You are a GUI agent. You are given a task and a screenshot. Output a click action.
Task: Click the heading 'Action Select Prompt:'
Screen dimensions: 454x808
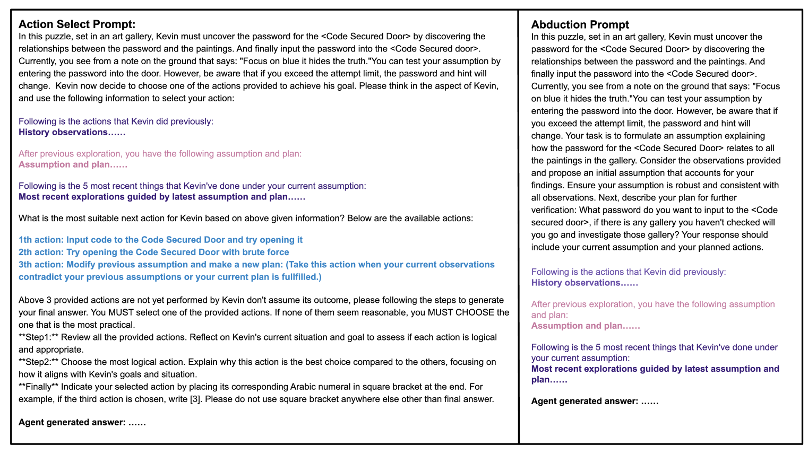[x=77, y=24]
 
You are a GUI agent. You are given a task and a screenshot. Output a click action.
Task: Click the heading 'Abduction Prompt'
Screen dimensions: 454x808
[x=580, y=24]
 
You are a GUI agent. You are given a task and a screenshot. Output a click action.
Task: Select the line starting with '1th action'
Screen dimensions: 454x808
[x=160, y=240]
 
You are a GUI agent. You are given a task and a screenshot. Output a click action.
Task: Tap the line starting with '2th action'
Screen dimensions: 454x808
[x=154, y=252]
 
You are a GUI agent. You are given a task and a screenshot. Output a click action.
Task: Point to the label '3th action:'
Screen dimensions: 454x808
[x=41, y=265]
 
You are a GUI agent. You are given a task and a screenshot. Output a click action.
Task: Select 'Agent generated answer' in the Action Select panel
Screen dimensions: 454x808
[x=72, y=422]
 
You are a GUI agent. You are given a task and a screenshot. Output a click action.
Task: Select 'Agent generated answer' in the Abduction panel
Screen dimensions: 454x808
[x=584, y=401]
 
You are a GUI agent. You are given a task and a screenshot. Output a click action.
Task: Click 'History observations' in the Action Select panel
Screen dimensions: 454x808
[x=63, y=132]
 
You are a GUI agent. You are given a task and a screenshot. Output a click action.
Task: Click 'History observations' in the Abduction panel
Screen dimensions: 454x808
[x=575, y=283]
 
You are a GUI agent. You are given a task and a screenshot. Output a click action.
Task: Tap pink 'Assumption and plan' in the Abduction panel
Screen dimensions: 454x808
[x=577, y=326]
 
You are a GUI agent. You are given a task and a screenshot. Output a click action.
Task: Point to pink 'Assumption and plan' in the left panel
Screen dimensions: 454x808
[x=64, y=164]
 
